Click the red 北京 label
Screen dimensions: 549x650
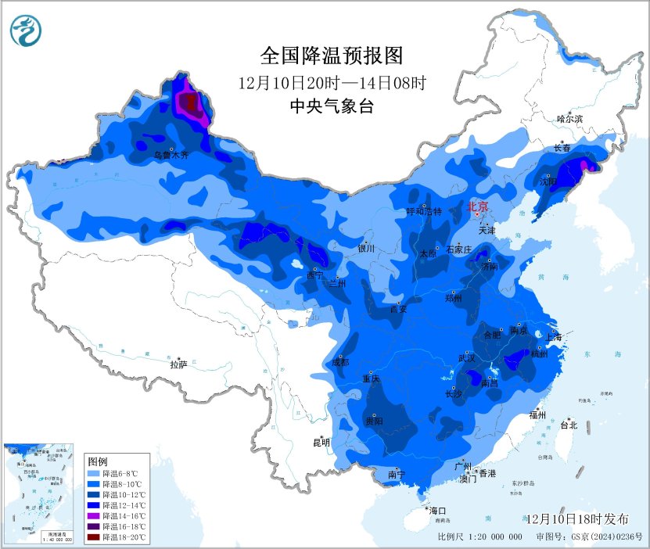[477, 207]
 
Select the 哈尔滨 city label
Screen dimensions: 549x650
[569, 119]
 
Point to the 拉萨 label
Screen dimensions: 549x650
[178, 364]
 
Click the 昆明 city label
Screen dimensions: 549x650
[321, 443]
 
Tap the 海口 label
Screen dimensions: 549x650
[438, 511]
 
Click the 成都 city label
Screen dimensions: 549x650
[340, 362]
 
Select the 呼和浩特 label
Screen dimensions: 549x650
[424, 212]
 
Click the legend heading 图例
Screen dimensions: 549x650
[98, 461]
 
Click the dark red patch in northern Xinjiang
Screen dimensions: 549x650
[189, 102]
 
